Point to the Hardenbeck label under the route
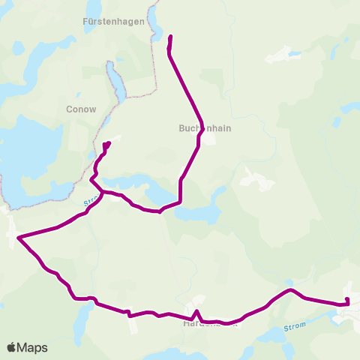point(211,325)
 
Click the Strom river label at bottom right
point(295,327)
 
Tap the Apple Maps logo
point(27,347)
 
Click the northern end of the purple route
point(171,36)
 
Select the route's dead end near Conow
point(109,142)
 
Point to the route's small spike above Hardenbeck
point(196,310)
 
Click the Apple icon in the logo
point(12,347)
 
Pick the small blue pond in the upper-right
point(292,54)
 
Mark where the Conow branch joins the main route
point(103,193)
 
